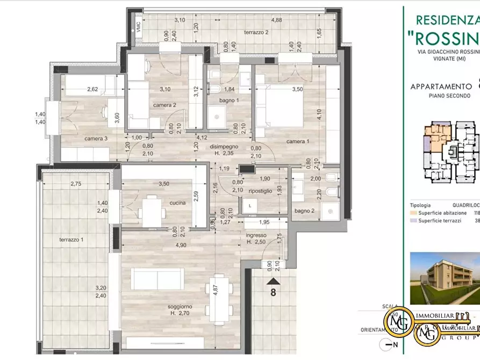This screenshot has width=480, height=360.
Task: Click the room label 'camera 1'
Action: tap(297, 141)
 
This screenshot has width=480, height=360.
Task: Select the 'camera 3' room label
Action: tap(96, 139)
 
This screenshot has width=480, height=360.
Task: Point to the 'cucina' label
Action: tap(177, 203)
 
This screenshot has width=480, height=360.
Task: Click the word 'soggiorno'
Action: tap(180, 306)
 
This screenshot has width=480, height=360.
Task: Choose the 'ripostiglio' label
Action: tap(260, 191)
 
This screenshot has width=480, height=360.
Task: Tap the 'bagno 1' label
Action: tap(228, 100)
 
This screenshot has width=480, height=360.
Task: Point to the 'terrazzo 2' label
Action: tap(256, 32)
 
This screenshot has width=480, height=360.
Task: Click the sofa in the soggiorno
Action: tap(159, 278)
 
